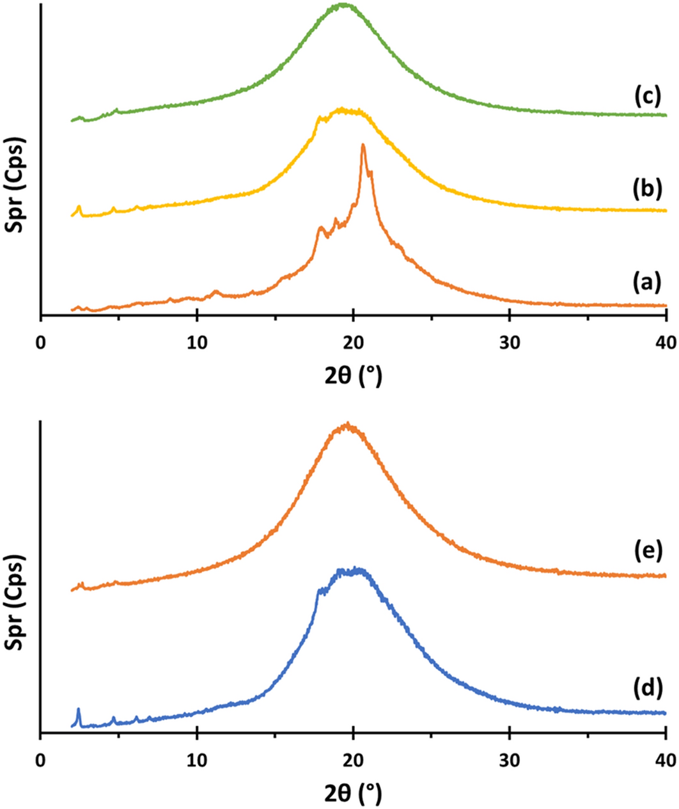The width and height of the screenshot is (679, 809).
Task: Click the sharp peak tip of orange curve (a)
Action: point(363,145)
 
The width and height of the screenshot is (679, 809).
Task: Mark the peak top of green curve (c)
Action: point(345,4)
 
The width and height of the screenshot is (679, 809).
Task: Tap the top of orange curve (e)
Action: point(347,423)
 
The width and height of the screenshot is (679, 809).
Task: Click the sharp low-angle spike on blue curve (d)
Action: point(79,709)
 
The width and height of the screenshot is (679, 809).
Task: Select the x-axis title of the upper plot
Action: point(353,377)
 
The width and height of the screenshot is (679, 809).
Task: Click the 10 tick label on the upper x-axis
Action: point(197,343)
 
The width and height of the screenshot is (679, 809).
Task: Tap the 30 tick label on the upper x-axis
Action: point(510,343)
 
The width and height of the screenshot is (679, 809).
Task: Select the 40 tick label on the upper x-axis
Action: point(665,343)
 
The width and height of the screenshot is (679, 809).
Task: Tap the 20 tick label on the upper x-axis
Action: point(353,343)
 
